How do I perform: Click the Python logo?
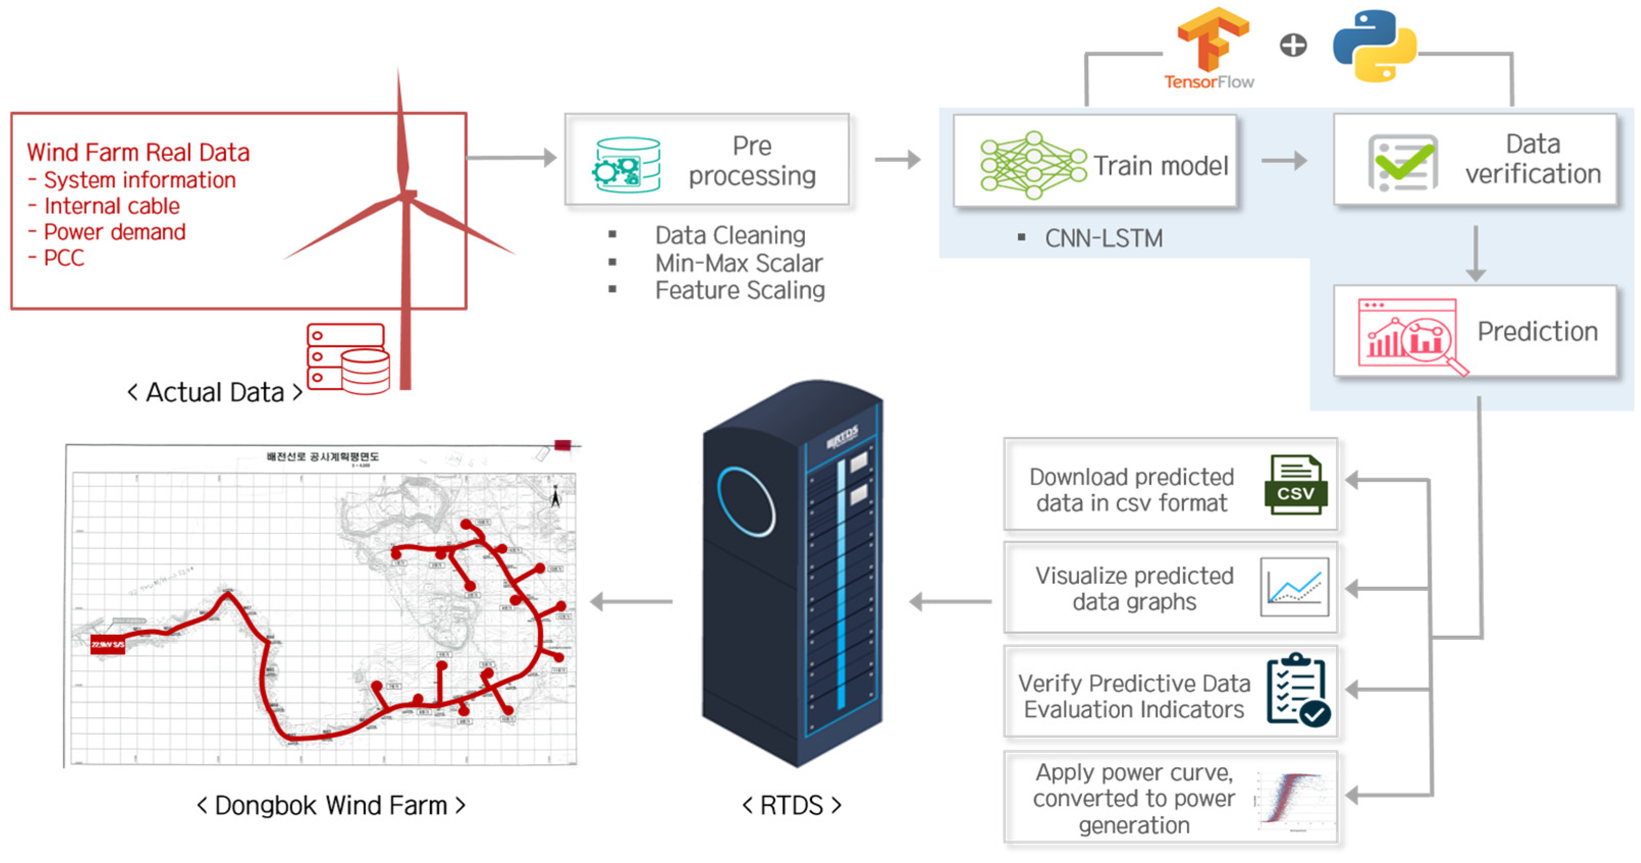tap(1375, 46)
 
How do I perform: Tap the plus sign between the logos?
tap(1293, 45)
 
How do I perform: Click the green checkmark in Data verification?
tap(1404, 163)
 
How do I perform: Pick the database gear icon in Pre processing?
tap(627, 165)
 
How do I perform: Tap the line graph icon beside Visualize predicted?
tap(1295, 586)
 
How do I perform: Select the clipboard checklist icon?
tap(1298, 690)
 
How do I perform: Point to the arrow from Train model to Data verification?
tap(1284, 160)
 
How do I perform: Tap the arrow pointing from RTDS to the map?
tap(631, 601)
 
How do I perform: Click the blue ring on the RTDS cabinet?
tap(745, 502)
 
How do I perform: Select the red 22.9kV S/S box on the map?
tap(107, 644)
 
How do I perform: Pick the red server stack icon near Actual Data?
tap(348, 359)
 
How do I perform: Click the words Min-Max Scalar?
tap(738, 263)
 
